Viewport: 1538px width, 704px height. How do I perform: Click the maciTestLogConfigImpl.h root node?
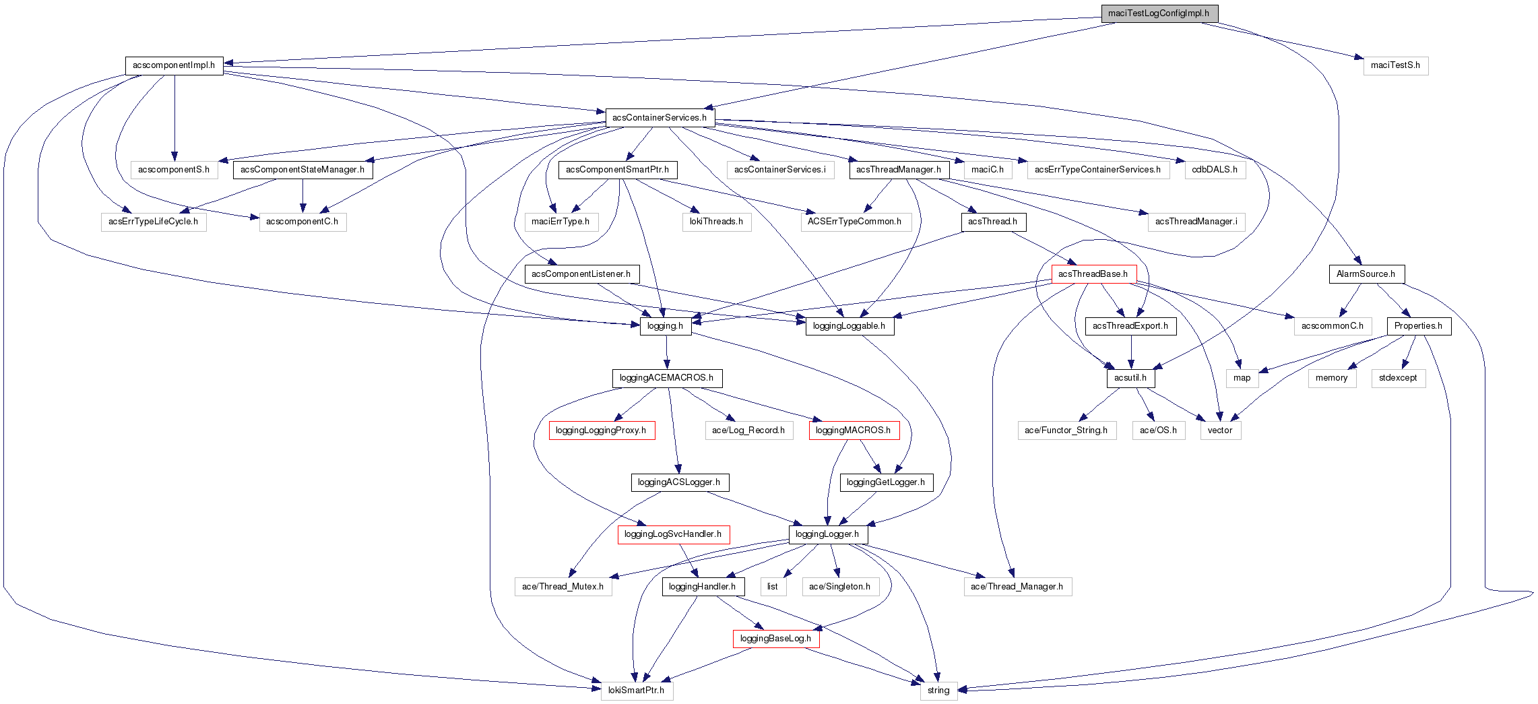click(1159, 13)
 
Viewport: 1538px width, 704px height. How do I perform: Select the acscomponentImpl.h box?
click(174, 65)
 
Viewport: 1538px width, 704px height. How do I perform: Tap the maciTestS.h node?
click(1395, 65)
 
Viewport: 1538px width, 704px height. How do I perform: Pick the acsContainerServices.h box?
click(660, 118)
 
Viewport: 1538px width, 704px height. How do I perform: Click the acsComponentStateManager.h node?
click(302, 170)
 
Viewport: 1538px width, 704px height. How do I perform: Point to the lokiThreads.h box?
click(716, 222)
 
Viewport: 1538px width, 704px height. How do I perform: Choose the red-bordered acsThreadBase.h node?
click(1093, 274)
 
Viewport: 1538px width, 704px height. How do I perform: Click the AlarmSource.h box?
click(1366, 274)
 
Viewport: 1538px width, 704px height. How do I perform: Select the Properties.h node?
click(1418, 326)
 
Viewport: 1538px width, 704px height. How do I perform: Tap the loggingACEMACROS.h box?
click(666, 378)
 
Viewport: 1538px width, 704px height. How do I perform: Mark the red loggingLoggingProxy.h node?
click(601, 430)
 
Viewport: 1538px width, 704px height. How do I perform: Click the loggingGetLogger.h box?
click(885, 482)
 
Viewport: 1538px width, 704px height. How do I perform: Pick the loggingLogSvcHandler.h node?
click(673, 534)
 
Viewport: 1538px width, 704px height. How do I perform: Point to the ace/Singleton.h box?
click(839, 587)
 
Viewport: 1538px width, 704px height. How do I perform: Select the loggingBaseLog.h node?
click(775, 639)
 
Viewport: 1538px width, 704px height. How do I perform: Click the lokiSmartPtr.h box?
click(636, 691)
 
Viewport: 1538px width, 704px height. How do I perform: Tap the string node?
click(938, 691)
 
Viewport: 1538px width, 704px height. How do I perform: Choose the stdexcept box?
click(1398, 378)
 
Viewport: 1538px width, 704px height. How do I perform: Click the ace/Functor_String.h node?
click(1066, 430)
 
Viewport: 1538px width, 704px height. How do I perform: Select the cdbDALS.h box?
click(1215, 170)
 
